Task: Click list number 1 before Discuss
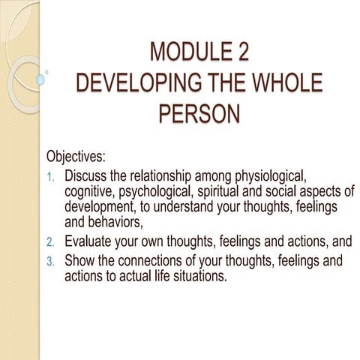pyautogui.click(x=51, y=177)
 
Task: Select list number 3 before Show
pyautogui.click(x=51, y=261)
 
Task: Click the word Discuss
pyautogui.click(x=88, y=176)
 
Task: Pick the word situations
pyautogui.click(x=197, y=275)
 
